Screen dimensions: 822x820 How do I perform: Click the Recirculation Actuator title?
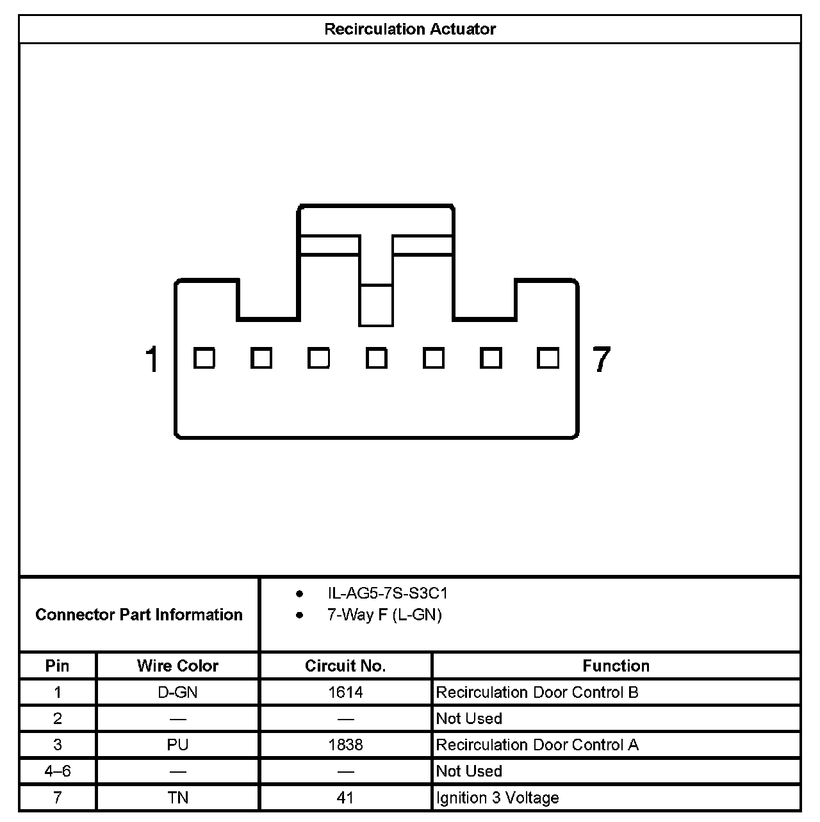click(410, 29)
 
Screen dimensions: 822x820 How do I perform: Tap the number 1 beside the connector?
click(152, 359)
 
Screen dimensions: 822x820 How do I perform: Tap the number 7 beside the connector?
click(602, 359)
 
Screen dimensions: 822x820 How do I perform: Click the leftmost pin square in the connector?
click(204, 358)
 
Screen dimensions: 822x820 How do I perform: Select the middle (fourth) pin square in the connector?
click(376, 358)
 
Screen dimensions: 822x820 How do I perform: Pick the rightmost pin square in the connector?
click(548, 358)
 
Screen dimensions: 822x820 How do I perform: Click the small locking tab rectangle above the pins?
click(376, 305)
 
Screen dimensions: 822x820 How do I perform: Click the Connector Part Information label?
click(139, 615)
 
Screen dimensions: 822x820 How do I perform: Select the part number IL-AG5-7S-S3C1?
click(388, 593)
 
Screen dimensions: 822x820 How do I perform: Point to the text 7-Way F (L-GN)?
click(384, 615)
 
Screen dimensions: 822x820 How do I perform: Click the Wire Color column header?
click(177, 666)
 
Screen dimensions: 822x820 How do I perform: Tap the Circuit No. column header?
click(345, 666)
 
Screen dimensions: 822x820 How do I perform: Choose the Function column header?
click(616, 666)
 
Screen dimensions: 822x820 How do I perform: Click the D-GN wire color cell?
click(177, 692)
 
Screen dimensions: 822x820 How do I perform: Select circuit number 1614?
click(345, 692)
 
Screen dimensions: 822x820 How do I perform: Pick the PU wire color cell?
click(177, 745)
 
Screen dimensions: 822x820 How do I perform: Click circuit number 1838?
click(345, 745)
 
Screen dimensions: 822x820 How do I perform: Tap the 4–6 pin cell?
click(58, 771)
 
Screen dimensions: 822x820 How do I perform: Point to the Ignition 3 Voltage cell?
click(497, 798)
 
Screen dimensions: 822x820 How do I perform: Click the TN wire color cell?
click(177, 798)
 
